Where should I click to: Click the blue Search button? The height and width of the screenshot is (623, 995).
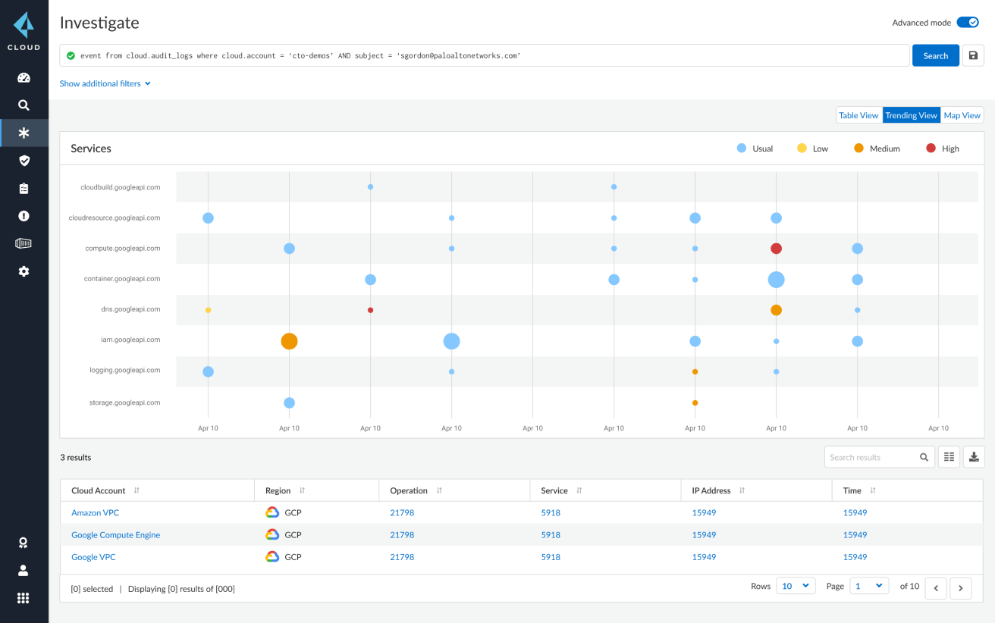pos(935,56)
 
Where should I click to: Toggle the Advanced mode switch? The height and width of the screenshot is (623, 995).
pos(968,23)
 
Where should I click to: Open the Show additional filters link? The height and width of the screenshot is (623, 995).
pos(105,83)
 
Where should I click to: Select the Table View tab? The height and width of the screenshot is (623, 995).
pos(858,115)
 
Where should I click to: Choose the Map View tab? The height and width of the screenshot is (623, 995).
pos(962,115)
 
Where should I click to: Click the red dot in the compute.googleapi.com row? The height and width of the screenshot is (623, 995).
pos(776,249)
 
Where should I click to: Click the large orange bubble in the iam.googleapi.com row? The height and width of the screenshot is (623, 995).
pos(289,341)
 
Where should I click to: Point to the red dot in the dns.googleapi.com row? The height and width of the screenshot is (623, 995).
pos(370,310)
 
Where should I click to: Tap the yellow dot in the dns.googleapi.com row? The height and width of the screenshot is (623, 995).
pos(208,310)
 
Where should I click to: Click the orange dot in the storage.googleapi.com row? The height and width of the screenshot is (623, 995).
pos(695,403)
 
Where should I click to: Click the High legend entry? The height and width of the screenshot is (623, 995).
pos(943,149)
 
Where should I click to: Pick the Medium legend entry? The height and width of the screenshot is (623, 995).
pos(877,149)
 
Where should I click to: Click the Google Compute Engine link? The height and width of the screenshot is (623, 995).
pos(115,535)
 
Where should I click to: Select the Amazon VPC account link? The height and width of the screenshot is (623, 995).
pos(95,513)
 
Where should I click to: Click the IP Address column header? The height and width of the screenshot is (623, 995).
pos(711,490)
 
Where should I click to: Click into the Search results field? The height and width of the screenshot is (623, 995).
pos(872,457)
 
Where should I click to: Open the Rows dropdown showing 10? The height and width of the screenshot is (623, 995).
pos(796,586)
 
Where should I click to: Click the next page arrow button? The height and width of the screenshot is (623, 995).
pos(961,588)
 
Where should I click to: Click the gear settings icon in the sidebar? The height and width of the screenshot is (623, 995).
pos(24,271)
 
